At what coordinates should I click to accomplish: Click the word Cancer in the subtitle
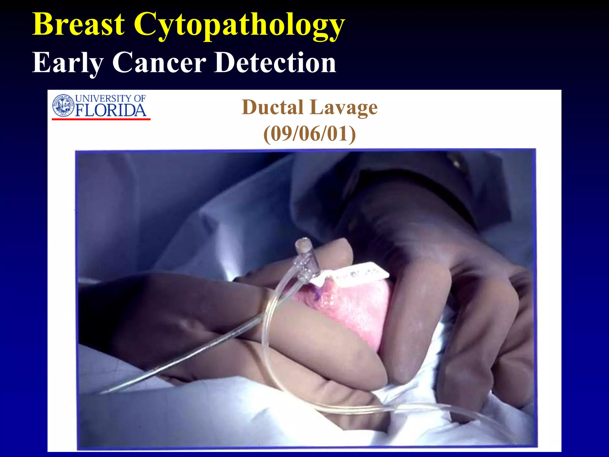tap(159, 62)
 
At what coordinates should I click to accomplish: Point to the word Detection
tap(275, 62)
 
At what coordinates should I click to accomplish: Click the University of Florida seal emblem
tap(63, 105)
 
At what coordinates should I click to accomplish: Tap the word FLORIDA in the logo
tap(111, 111)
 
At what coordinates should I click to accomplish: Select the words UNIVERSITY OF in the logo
tap(110, 98)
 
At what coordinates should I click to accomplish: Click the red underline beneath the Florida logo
tap(101, 119)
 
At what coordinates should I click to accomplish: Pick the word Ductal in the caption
tap(273, 107)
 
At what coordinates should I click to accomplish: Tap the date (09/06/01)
tap(310, 134)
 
